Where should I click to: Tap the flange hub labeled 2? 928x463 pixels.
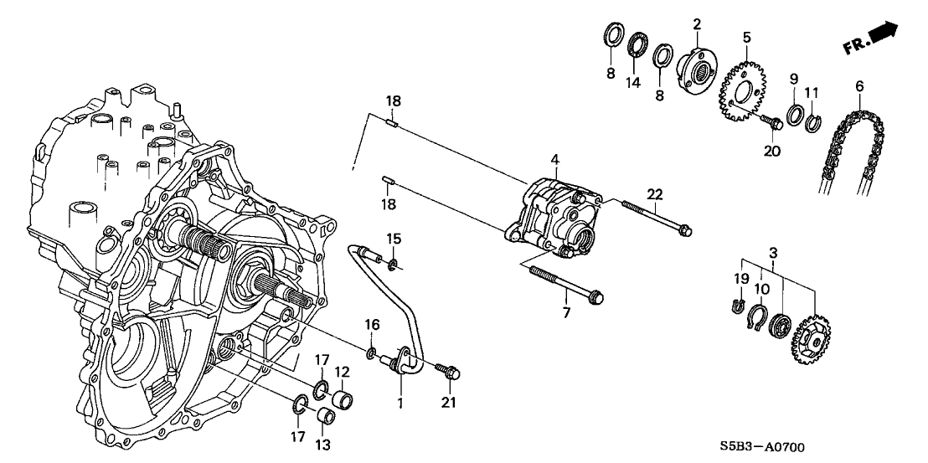coord(694,67)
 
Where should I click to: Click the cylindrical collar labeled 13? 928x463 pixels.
coord(327,415)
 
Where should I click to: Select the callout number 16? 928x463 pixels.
coord(374,323)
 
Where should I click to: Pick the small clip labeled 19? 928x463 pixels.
coord(737,306)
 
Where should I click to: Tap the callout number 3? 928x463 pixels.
coord(773,252)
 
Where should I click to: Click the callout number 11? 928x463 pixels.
coord(810,91)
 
